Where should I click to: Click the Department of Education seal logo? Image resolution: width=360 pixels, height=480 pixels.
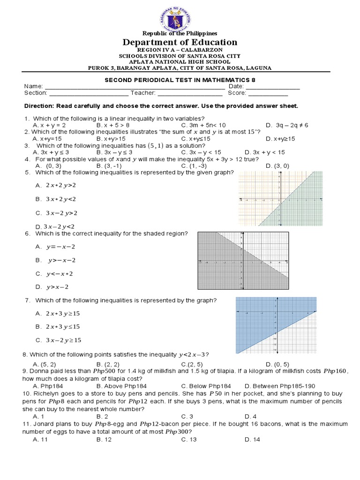180,16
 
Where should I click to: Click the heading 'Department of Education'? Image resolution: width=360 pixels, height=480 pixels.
180,42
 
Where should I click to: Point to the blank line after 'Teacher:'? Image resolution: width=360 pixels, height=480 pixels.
187,93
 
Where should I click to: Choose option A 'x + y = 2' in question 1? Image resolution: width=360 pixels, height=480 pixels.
49,125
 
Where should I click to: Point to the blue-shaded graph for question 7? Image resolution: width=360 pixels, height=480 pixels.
275,325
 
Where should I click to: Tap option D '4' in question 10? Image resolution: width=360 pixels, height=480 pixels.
250,416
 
